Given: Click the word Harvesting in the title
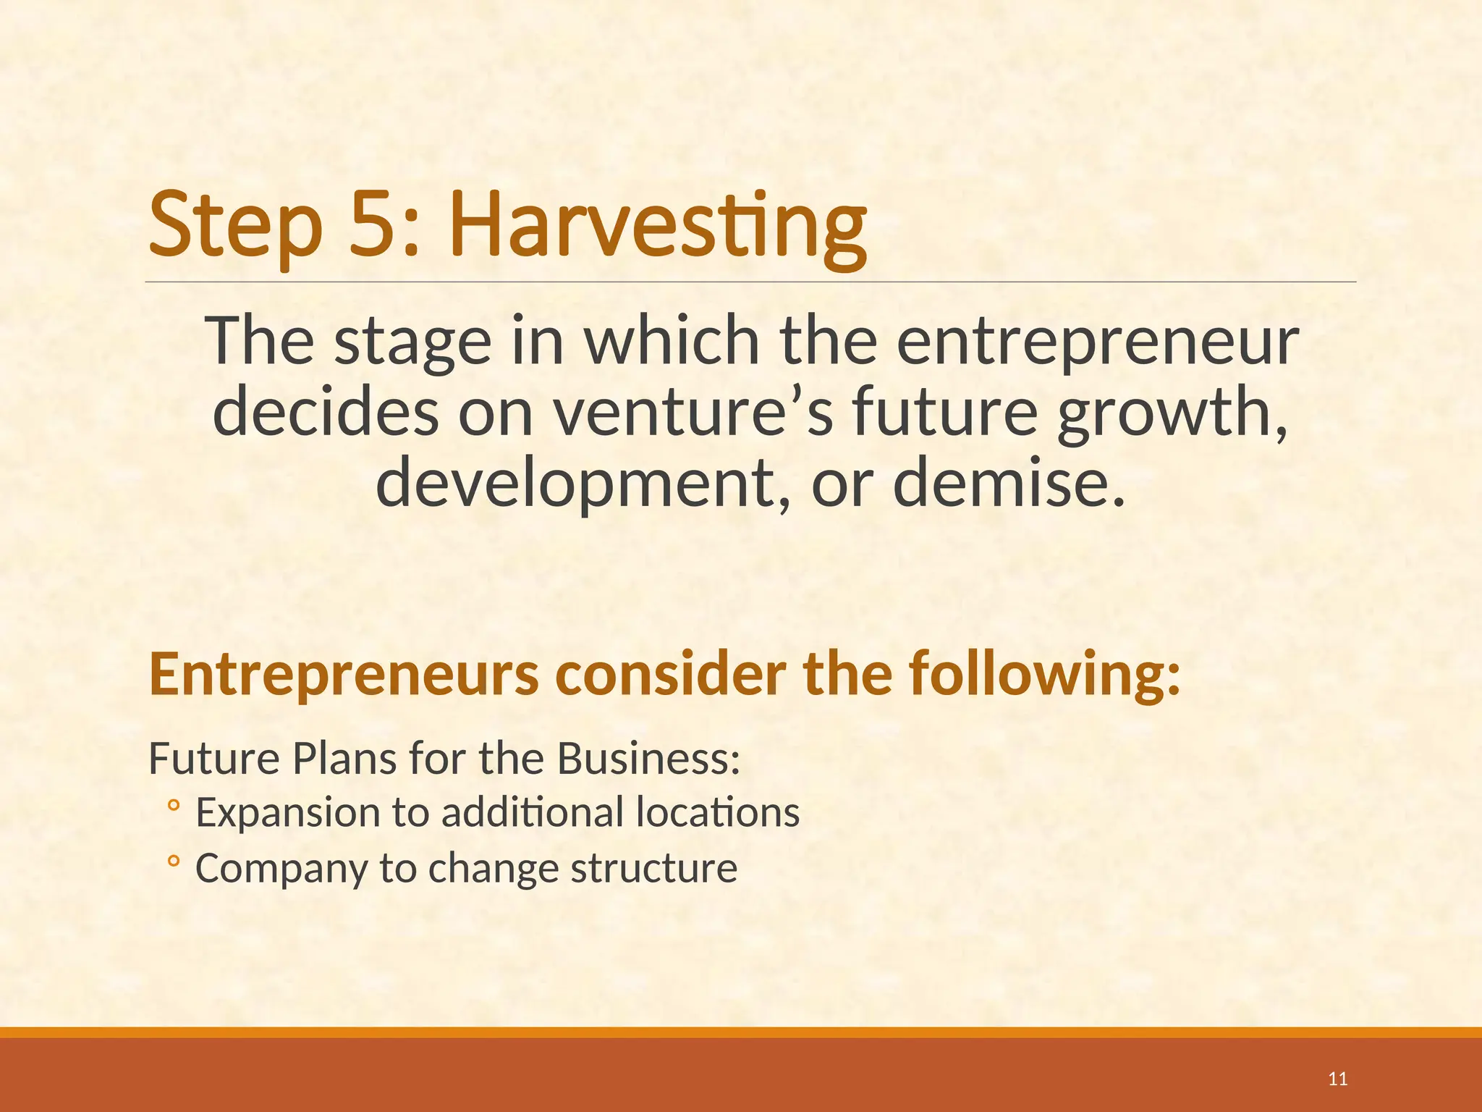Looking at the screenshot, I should coord(657,224).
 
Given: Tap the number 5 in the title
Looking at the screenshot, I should coord(374,224).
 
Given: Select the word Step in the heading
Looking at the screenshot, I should coord(235,224).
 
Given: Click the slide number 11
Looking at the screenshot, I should coord(1338,1079).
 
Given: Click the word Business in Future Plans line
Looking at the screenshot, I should coord(648,759).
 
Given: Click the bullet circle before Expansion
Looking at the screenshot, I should coord(173,805).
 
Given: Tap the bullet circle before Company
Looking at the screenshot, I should coord(173,861).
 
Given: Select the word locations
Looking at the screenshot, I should coord(718,812).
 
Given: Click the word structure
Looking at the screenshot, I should coord(654,868).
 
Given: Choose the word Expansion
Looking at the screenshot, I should coord(288,812).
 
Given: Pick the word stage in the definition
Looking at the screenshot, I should coord(412,340).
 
